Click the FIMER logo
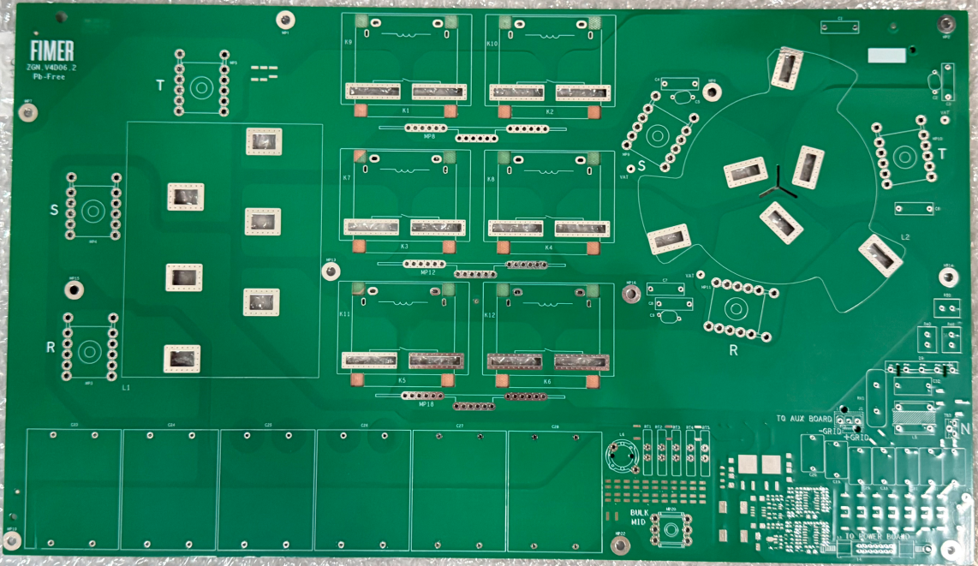tap(51, 50)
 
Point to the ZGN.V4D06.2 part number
tap(51, 66)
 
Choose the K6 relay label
tap(547, 380)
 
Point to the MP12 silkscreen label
tap(427, 272)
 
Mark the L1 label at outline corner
tap(126, 388)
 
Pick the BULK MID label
tap(639, 515)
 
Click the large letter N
tap(965, 428)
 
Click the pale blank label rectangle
tap(886, 57)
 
